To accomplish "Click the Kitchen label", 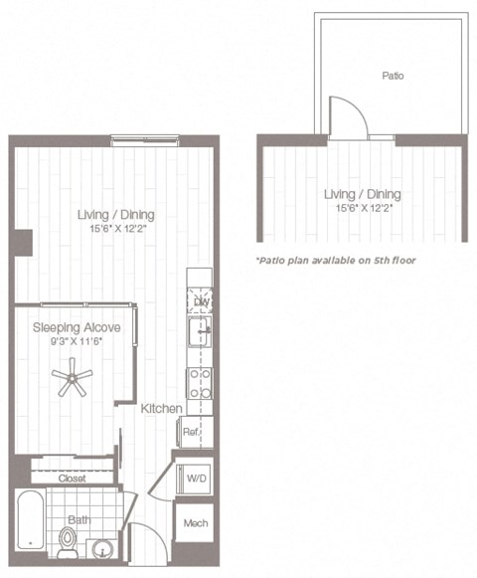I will coord(160,409).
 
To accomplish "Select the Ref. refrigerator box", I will coord(191,433).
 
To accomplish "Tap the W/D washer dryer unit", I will coord(197,479).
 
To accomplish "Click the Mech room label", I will coord(196,523).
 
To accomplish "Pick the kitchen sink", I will coord(199,330).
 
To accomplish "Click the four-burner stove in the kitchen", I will coord(199,382).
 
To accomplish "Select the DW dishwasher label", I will coord(201,301).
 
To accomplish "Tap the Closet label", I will coord(73,479).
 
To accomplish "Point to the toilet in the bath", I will coord(68,542).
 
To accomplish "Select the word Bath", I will coord(79,519).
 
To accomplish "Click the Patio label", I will coord(394,75).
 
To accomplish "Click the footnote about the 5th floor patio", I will coord(335,260).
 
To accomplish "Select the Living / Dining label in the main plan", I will coord(116,215).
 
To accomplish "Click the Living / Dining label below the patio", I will coord(363,194).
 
